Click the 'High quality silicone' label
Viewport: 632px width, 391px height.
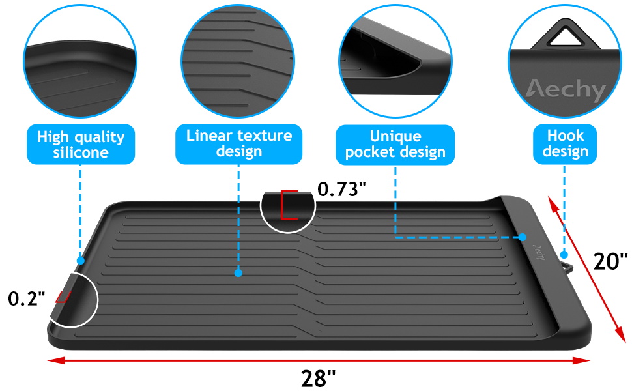(81, 145)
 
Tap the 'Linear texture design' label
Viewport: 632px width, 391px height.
(239, 143)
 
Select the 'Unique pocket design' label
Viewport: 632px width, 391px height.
(395, 143)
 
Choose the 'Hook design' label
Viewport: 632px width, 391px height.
(564, 143)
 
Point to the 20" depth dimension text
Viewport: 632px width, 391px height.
(610, 261)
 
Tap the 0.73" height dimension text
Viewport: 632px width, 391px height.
(341, 190)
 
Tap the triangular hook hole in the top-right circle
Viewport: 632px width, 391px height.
(564, 36)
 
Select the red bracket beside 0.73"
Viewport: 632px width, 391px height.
(288, 205)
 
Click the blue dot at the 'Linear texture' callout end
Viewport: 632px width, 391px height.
(238, 273)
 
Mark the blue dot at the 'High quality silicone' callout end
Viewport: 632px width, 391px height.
(80, 260)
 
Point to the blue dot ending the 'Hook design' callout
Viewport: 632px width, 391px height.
(564, 255)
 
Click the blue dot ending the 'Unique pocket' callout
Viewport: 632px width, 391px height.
(523, 237)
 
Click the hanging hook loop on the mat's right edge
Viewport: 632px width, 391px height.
(566, 267)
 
